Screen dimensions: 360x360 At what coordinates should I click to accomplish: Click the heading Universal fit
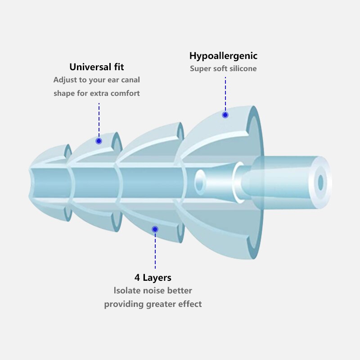pos(97,67)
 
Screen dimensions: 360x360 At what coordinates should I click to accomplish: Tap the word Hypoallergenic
pos(223,56)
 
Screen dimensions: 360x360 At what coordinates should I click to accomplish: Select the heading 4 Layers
pos(153,278)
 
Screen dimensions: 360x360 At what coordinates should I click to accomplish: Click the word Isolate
pos(127,290)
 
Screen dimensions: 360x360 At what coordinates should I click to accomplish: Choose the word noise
pos(154,291)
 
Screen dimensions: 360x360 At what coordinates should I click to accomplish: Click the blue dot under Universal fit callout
pos(99,141)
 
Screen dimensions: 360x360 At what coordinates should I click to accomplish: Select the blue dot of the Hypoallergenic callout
pos(225,115)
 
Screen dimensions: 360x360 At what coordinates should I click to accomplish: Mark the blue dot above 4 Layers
pos(155,229)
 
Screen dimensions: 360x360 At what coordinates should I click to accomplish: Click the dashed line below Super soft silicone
pos(225,94)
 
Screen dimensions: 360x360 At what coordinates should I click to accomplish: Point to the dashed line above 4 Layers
pos(155,251)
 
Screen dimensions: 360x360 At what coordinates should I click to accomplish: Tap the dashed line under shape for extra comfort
pos(99,120)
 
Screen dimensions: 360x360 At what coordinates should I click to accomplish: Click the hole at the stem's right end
pos(321,183)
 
